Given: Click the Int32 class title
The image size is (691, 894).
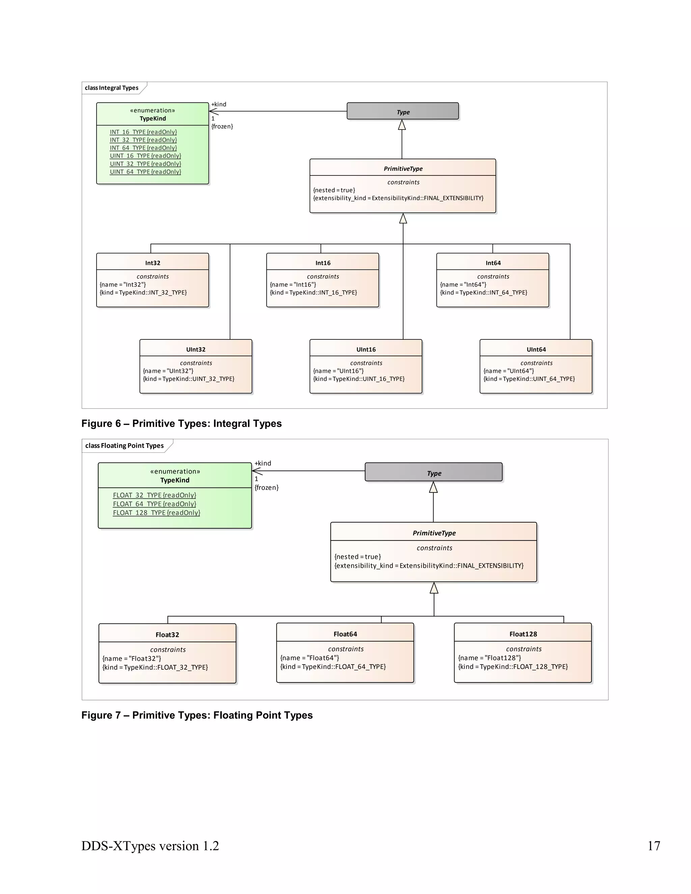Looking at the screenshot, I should [152, 263].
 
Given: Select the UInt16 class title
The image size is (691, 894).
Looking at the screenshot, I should [365, 349].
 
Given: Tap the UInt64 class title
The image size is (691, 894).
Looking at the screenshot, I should [536, 349].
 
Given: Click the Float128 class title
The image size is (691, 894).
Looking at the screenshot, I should [523, 634].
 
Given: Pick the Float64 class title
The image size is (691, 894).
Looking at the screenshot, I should [345, 634].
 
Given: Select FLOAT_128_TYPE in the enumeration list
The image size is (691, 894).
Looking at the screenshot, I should [156, 512].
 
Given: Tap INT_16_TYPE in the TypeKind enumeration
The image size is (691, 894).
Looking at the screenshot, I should [143, 132].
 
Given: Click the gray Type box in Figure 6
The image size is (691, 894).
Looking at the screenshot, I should [403, 111].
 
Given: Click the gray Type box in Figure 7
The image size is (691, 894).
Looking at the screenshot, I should [434, 472].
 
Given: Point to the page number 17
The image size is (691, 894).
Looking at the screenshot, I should [653, 845].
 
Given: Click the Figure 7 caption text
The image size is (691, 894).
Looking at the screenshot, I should [197, 715].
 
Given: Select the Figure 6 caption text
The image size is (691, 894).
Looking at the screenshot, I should [181, 423].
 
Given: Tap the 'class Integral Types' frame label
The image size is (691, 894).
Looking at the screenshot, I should [111, 88].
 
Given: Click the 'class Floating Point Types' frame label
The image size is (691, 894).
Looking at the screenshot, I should [124, 445].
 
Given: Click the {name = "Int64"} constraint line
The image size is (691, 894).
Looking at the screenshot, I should [463, 284].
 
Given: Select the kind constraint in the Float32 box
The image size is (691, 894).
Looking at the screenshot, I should [155, 667].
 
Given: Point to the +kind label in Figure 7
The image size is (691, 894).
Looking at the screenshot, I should [262, 463].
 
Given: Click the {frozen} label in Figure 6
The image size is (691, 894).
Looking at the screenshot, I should [222, 126].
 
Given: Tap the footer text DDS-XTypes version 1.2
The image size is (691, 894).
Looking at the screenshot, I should [150, 845].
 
